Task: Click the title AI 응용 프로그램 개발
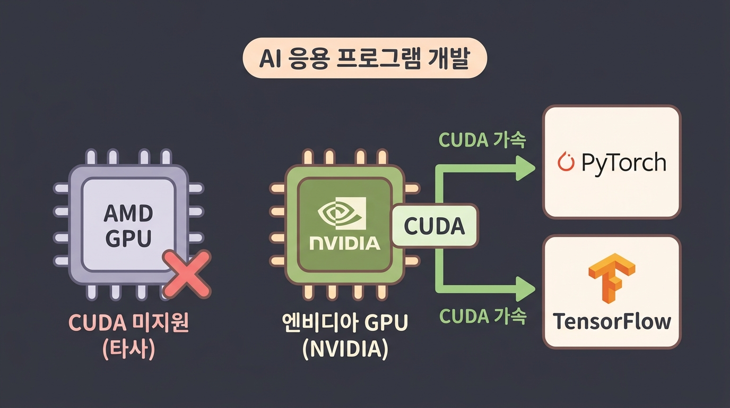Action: [x=364, y=58]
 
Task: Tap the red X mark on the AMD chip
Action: [x=186, y=274]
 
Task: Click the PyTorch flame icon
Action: [x=567, y=162]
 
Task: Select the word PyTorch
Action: [x=623, y=162]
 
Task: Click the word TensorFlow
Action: [x=612, y=321]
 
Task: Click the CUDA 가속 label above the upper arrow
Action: [x=482, y=140]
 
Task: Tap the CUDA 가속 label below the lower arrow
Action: [x=482, y=317]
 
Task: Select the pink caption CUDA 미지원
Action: [x=128, y=324]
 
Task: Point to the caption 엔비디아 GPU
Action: [x=344, y=324]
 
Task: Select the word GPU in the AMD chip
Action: [x=128, y=239]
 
